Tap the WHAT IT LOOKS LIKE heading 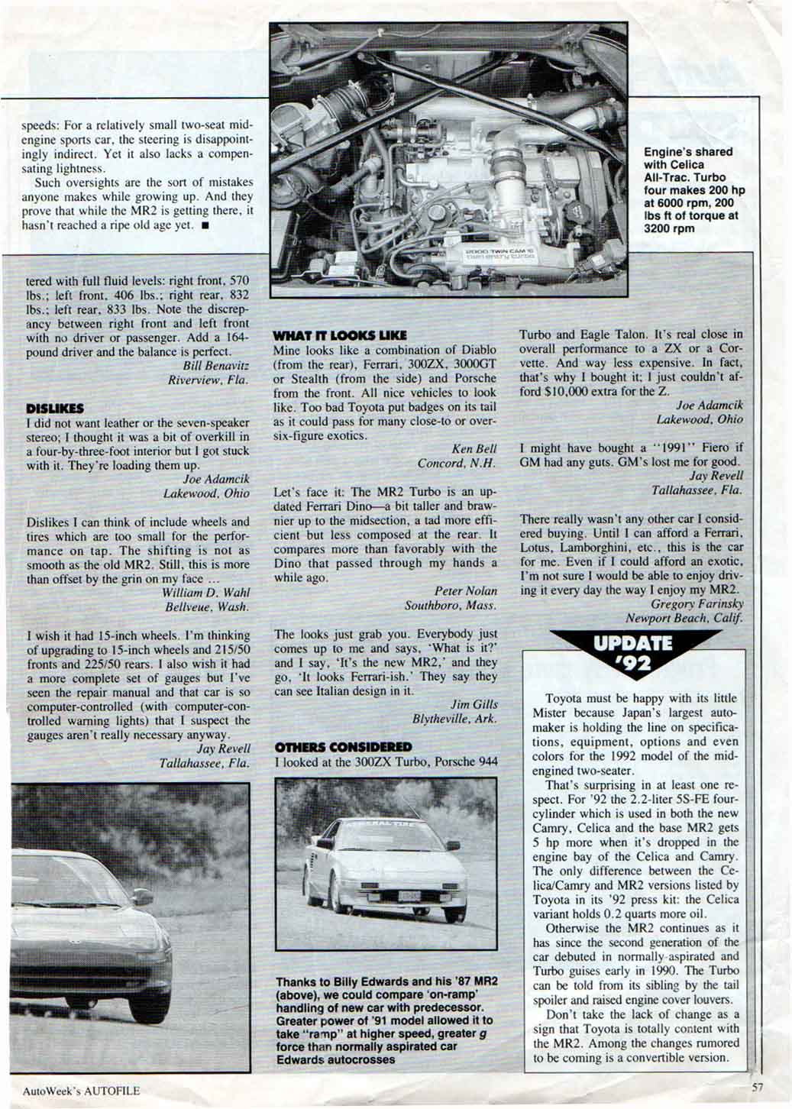tap(340, 335)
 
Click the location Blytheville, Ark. tap(454, 719)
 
